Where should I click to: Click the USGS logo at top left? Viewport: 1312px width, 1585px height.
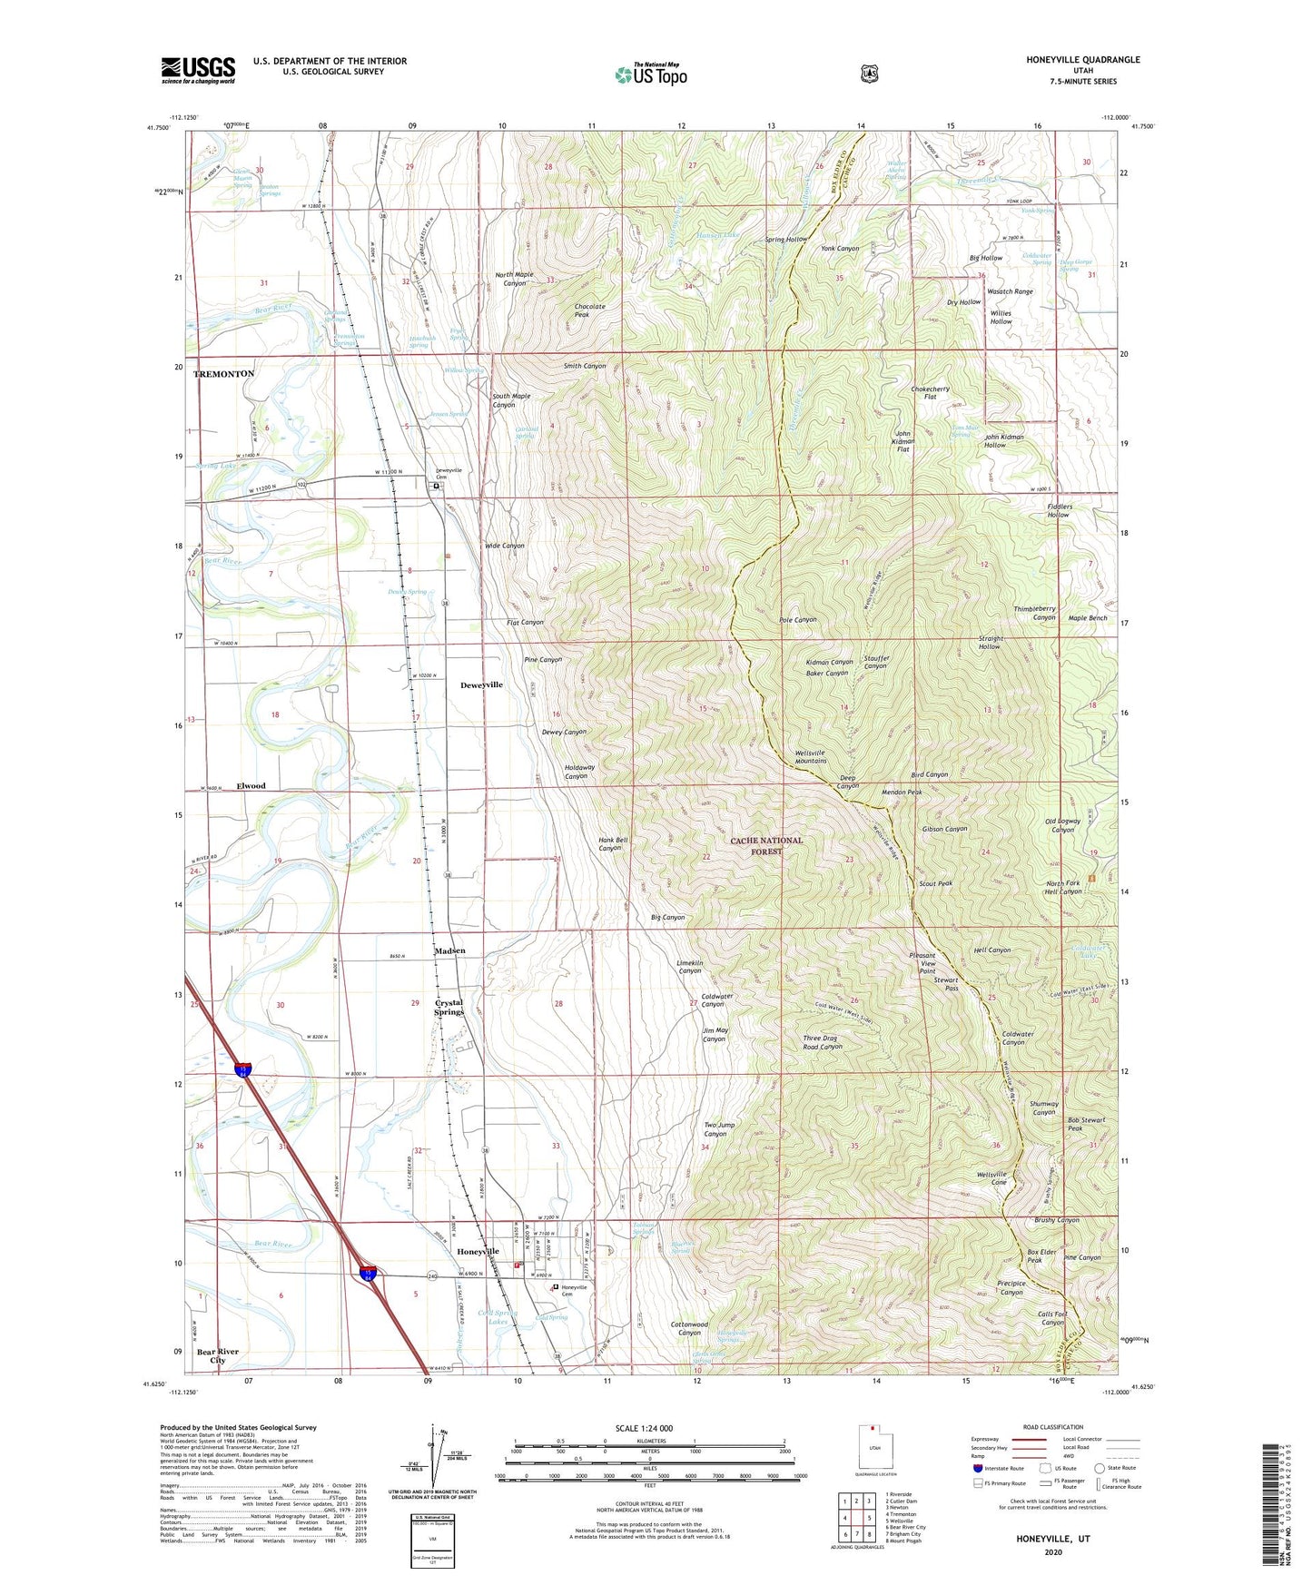(198, 70)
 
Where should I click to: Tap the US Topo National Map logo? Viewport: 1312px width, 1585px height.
(650, 74)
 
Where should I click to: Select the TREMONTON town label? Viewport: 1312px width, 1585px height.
(223, 374)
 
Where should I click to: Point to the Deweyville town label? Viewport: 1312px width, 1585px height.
(481, 685)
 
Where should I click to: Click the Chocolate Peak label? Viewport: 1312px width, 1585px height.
(589, 310)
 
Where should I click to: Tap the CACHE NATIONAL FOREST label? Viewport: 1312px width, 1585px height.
(766, 845)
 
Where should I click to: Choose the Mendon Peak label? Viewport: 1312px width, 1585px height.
(902, 792)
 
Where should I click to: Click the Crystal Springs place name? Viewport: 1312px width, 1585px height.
(449, 1008)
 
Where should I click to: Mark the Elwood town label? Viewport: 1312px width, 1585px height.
(251, 786)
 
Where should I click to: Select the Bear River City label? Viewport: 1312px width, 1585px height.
(218, 1356)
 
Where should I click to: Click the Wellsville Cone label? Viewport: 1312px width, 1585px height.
(991, 1178)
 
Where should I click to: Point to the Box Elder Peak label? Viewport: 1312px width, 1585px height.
(1041, 1256)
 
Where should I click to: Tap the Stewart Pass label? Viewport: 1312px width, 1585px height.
(946, 984)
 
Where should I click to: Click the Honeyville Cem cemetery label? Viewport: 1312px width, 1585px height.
(574, 1290)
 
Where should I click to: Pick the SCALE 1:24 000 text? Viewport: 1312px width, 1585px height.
(644, 1428)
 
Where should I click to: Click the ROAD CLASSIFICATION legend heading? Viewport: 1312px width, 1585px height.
(1052, 1427)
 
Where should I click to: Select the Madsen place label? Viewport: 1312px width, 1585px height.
(449, 950)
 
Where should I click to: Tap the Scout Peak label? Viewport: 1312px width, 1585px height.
(935, 883)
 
